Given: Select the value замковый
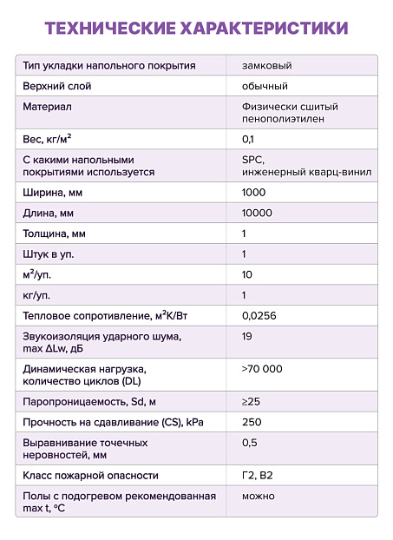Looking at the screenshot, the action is tap(266, 66).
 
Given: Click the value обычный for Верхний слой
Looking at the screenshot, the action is tap(265, 86).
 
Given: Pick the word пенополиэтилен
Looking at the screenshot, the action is tap(283, 119).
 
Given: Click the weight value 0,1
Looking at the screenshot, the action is tap(248, 139).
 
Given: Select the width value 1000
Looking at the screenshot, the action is tap(254, 193).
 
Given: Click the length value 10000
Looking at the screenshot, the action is tap(257, 213).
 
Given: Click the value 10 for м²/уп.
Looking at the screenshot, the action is tap(247, 274).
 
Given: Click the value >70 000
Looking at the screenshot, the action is tap(262, 369).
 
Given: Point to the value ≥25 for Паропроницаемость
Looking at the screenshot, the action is tap(251, 401).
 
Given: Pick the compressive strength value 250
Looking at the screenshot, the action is tap(252, 422).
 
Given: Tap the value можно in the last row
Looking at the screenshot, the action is tap(259, 496).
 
